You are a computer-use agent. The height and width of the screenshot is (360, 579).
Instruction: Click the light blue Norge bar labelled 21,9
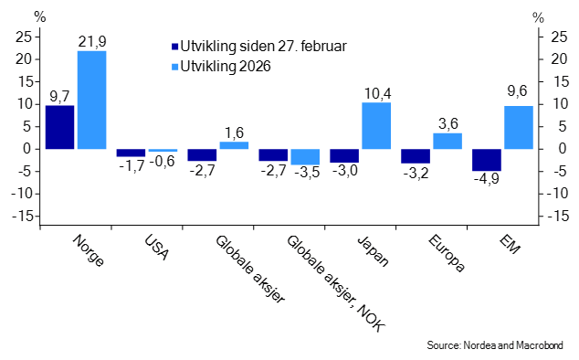91,100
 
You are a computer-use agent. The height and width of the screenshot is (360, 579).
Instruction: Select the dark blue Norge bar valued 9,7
59,127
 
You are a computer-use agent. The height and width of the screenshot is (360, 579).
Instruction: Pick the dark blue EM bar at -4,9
487,159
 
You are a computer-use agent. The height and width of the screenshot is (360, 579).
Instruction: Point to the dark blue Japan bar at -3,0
344,155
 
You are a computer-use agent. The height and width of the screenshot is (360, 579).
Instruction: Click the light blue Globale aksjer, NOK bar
305,156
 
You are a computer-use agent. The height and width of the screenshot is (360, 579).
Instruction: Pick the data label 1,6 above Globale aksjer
233,132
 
